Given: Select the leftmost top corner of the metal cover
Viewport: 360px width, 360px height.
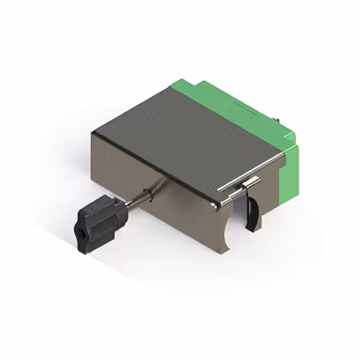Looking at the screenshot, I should (94, 133).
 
